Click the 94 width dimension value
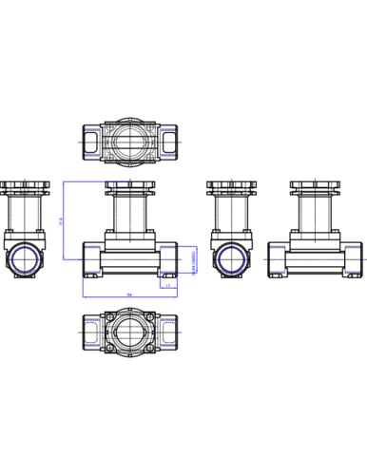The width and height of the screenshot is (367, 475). point(129,294)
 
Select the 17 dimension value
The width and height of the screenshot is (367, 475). point(168,284)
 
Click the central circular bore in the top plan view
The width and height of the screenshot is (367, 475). point(129,142)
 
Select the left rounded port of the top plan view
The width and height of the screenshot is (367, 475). point(91,142)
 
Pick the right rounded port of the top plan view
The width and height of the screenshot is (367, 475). point(168,142)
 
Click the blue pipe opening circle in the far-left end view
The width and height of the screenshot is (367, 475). point(23,258)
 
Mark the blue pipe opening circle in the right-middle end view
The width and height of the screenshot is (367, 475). point(230,258)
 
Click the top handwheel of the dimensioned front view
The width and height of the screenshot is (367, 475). point(129,186)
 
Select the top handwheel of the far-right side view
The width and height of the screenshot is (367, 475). point(316,186)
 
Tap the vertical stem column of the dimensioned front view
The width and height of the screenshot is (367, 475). point(129,214)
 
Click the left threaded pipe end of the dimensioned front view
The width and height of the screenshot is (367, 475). point(91,258)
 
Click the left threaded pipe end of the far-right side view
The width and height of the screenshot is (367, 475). point(278,258)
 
